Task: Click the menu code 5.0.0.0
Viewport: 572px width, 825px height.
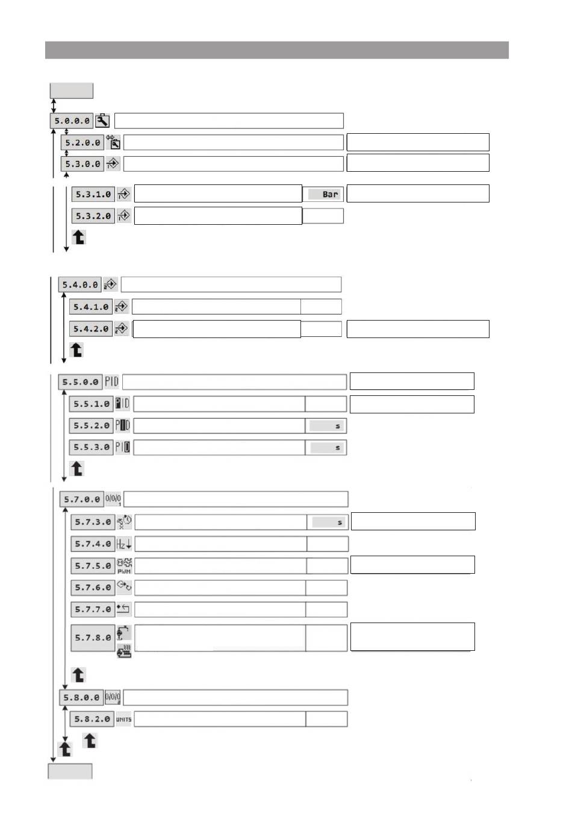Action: tap(72, 121)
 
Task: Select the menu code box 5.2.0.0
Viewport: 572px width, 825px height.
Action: tap(82, 143)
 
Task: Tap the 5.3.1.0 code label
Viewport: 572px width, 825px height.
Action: tap(93, 195)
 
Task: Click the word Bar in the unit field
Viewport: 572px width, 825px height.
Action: tap(330, 195)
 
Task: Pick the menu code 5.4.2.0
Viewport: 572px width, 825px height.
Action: tap(91, 329)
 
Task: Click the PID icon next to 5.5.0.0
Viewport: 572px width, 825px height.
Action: tap(112, 381)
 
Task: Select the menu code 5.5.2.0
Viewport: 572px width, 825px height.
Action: tap(91, 425)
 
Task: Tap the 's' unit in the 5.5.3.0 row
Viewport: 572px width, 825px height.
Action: tap(337, 448)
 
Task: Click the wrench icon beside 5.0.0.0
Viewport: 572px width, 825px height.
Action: tap(102, 121)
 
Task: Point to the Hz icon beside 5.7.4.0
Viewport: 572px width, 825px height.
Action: tap(124, 544)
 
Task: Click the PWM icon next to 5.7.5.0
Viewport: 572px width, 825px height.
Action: tap(124, 566)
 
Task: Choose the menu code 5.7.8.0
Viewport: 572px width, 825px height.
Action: tap(93, 638)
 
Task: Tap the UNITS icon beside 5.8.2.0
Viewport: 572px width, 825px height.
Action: tap(123, 720)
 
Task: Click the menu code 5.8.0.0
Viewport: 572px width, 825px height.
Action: tap(81, 698)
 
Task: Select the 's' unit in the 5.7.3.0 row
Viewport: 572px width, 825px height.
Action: tap(340, 522)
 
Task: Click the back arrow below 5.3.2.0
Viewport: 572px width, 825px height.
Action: tap(79, 237)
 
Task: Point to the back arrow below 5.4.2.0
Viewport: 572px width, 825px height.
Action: tap(76, 350)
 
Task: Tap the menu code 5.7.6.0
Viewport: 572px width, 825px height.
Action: tap(93, 588)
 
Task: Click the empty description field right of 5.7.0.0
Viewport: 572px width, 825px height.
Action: tap(235, 499)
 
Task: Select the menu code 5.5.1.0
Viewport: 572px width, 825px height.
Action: tap(91, 404)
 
